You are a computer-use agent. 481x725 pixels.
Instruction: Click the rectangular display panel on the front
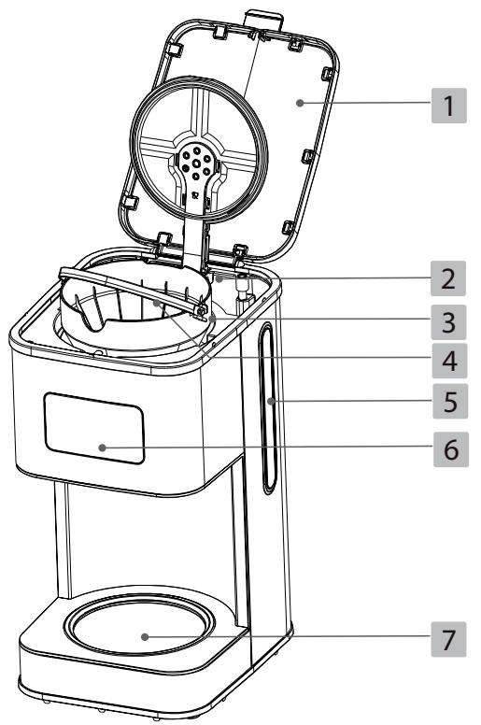coord(94,428)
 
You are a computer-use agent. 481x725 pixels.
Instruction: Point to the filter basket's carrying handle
coord(131,281)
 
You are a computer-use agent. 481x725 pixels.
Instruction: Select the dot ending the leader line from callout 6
coord(102,448)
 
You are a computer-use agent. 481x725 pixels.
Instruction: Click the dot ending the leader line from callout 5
coord(270,403)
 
